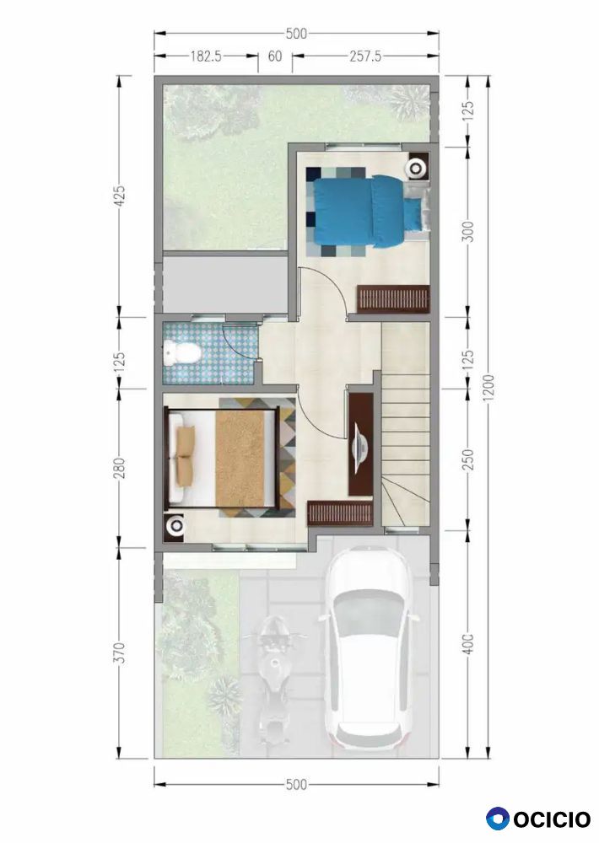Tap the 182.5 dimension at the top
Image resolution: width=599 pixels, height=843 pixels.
[x=206, y=56]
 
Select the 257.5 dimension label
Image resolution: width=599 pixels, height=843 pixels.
[x=365, y=56]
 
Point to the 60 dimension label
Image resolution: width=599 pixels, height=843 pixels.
[x=275, y=56]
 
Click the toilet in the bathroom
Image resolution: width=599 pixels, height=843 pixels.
[x=182, y=352]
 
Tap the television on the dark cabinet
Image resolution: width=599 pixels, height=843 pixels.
[x=359, y=445]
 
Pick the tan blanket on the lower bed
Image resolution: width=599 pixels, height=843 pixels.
[x=240, y=459]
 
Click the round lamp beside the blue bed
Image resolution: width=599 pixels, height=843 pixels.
[x=417, y=168]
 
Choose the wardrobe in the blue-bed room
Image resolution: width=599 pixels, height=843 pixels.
[x=393, y=298]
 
